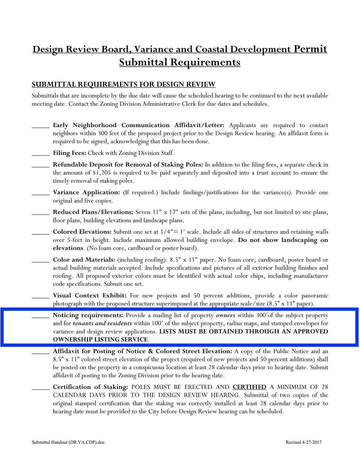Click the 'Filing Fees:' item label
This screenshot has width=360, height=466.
click(70, 153)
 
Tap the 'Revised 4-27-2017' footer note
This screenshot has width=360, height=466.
click(304, 442)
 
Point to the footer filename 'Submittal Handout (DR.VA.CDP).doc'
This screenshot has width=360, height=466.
click(68, 442)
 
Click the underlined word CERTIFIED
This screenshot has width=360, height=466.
click(249, 387)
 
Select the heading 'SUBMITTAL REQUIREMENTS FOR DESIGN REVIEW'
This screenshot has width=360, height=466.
click(124, 84)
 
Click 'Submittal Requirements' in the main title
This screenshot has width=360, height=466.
click(180, 62)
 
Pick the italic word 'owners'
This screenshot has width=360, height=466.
click(225, 315)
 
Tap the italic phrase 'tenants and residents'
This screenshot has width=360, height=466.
click(102, 323)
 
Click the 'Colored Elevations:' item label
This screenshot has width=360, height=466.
click(82, 232)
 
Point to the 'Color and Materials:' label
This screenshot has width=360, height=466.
click(84, 260)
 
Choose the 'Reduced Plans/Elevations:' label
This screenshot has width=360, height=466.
click(93, 212)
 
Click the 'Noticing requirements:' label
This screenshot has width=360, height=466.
click(88, 315)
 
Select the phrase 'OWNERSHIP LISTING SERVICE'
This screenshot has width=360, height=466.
click(100, 340)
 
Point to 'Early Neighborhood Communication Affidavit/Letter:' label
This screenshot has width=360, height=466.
click(139, 125)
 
